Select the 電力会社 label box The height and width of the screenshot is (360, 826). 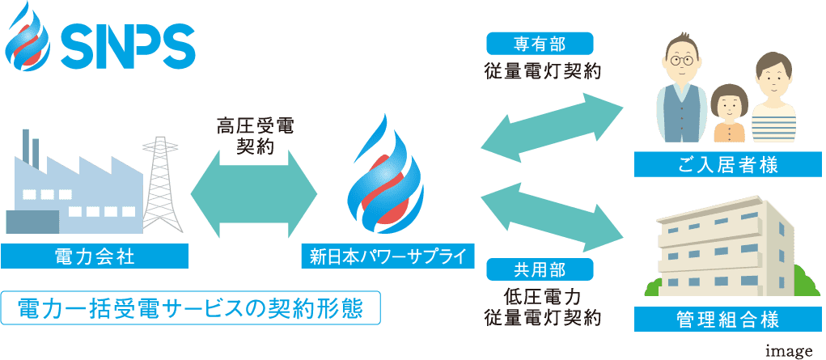[95, 256]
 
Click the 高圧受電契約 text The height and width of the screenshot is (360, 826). [255, 135]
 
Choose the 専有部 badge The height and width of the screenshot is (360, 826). [540, 42]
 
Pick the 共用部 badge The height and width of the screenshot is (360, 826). [540, 269]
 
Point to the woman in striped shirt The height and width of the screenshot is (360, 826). [772, 101]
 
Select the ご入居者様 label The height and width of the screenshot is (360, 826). [728, 165]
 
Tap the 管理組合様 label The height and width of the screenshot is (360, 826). [728, 318]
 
